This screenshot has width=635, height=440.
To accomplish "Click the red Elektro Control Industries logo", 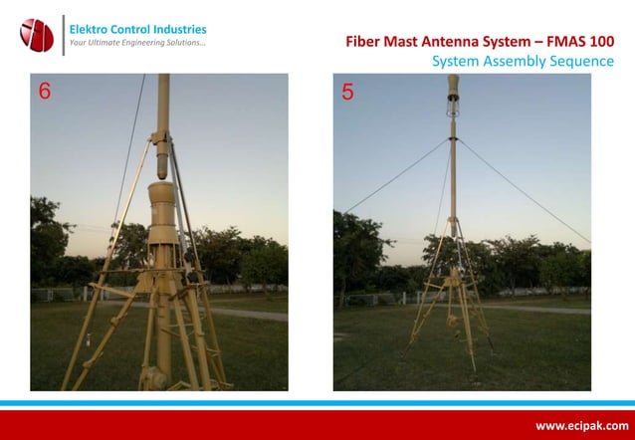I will (x=37, y=35).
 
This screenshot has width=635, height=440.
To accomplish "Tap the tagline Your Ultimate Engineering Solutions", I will (x=136, y=44).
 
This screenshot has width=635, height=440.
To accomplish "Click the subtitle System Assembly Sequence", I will (x=523, y=62).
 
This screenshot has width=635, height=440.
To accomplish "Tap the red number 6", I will (x=44, y=93).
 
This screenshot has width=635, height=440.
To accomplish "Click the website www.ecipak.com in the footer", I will (x=581, y=425).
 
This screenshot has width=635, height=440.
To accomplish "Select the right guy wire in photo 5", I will (x=523, y=189).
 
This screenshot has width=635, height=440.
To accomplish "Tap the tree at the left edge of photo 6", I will (x=46, y=239).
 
